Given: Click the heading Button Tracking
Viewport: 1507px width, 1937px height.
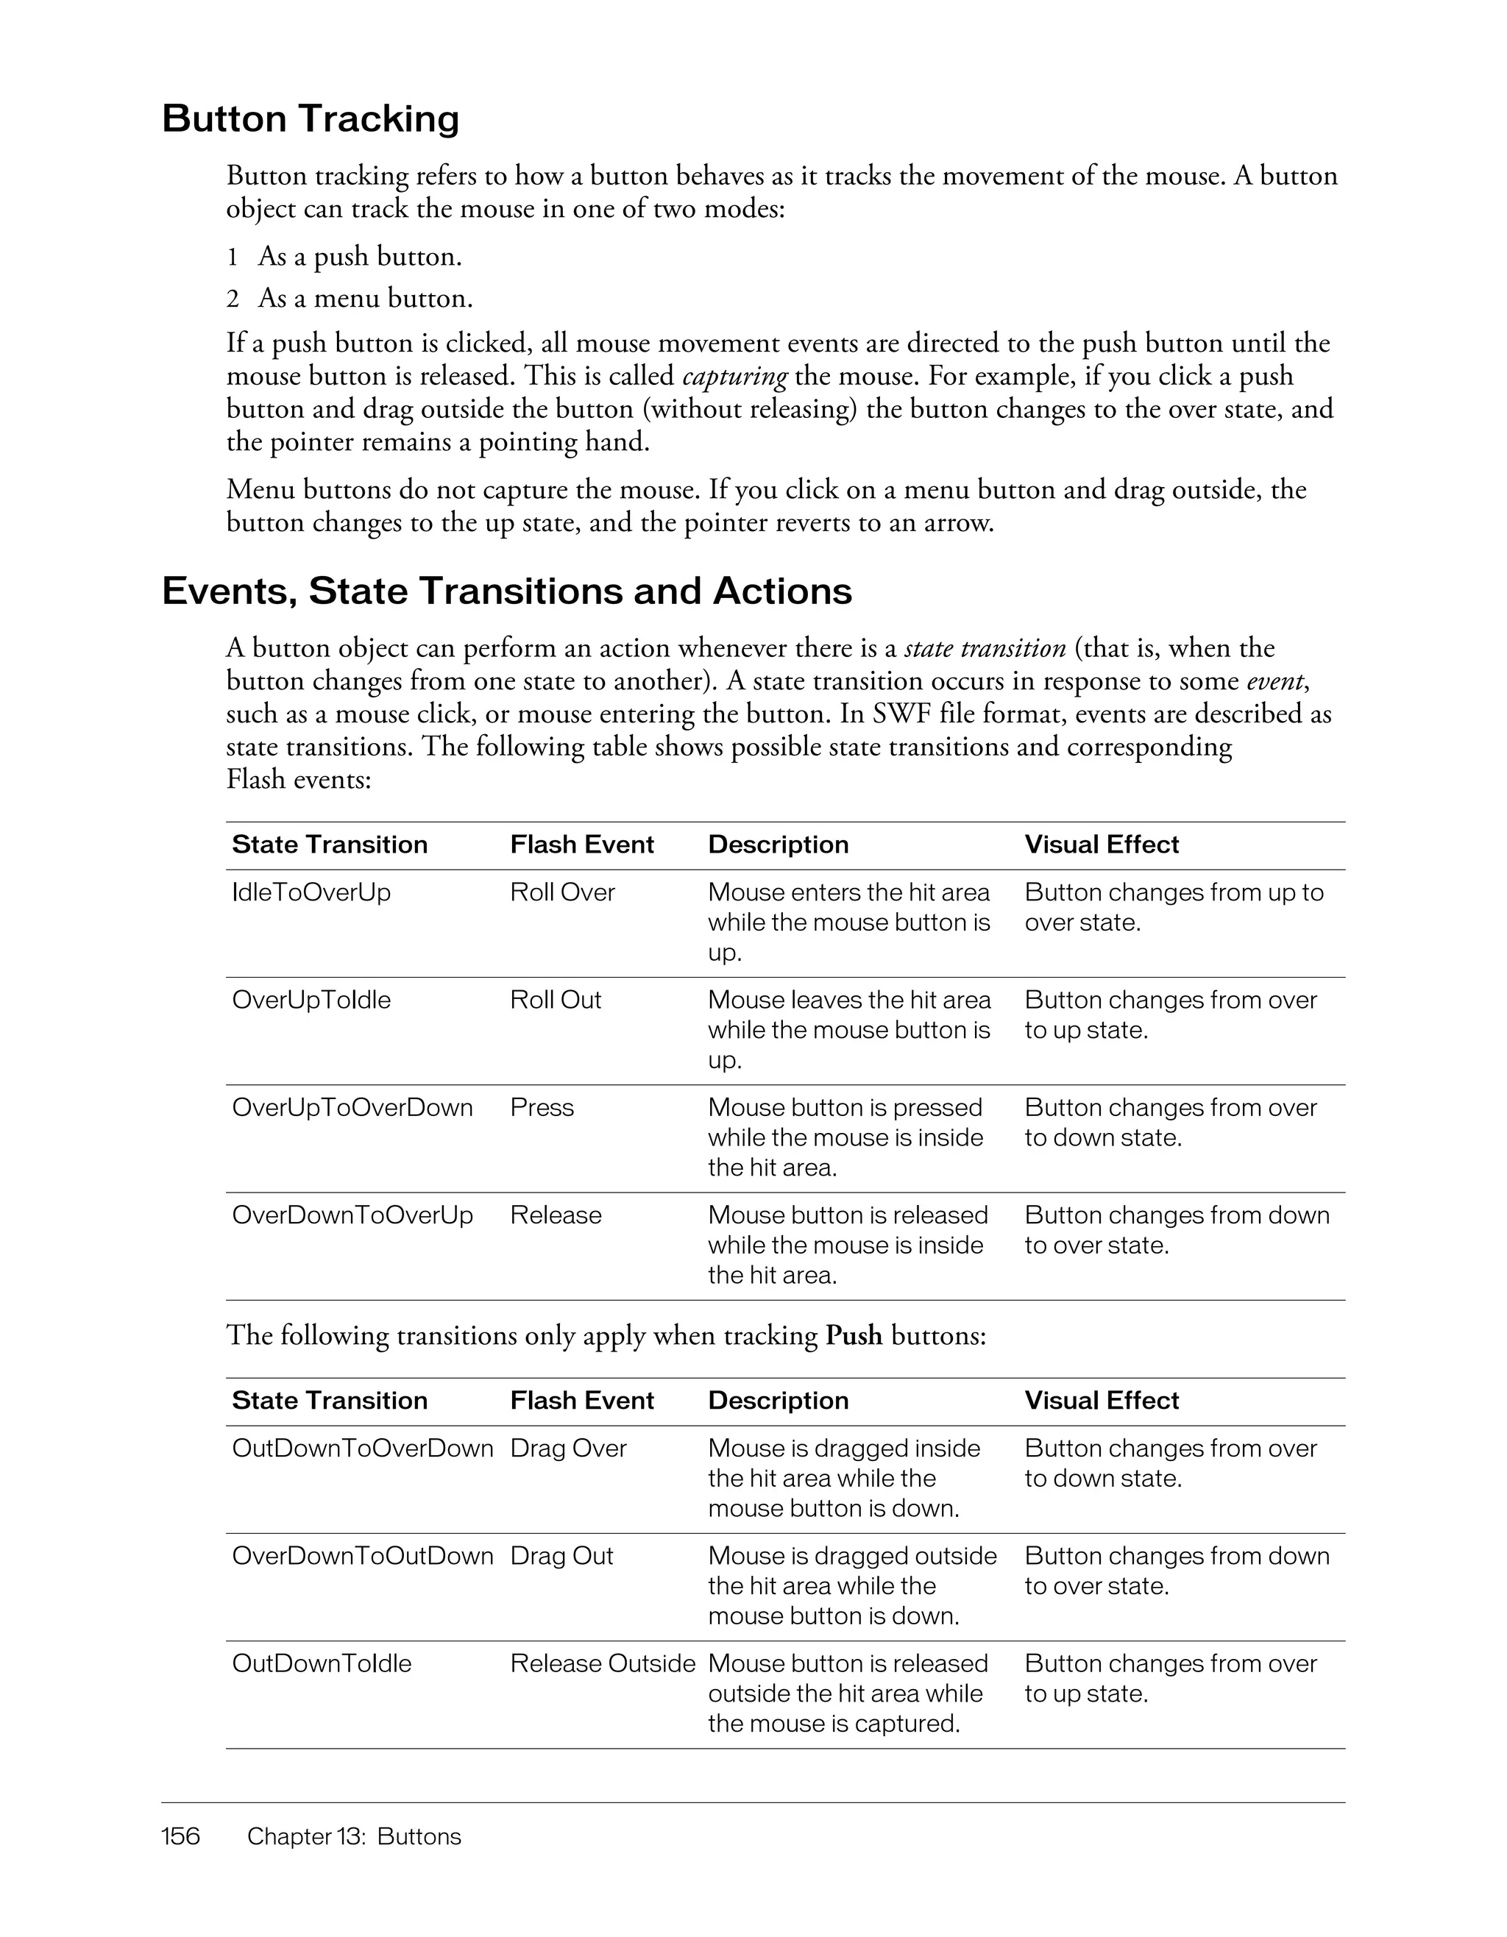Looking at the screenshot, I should [x=311, y=119].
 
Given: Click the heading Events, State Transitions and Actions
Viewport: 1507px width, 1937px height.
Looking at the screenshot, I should [x=506, y=591].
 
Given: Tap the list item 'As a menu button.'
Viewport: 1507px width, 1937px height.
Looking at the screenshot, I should [x=364, y=298].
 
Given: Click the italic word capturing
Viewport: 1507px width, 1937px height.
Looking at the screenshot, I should [x=734, y=376].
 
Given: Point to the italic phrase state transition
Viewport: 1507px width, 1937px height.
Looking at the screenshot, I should [x=985, y=648].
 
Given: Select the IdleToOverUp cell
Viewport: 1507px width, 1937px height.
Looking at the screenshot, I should [x=311, y=892].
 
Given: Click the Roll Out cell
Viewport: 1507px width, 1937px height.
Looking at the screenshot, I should [x=556, y=1000].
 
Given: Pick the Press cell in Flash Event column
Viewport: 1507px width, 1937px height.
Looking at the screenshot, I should [x=542, y=1107].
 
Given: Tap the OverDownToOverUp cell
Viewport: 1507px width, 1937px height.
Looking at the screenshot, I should [x=352, y=1215].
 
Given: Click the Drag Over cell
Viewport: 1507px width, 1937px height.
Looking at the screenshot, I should [x=567, y=1449].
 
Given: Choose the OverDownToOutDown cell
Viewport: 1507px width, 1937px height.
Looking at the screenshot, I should [x=362, y=1556].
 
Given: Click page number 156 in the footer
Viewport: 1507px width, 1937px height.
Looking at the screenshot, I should [x=181, y=1836].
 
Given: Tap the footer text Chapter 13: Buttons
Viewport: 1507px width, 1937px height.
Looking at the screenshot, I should [x=354, y=1836].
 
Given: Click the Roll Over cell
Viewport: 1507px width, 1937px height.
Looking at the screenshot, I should [x=562, y=892].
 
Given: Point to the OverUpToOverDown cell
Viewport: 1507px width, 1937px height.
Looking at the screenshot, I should [x=352, y=1107].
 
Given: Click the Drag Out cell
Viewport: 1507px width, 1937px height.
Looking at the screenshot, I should [x=561, y=1556].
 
